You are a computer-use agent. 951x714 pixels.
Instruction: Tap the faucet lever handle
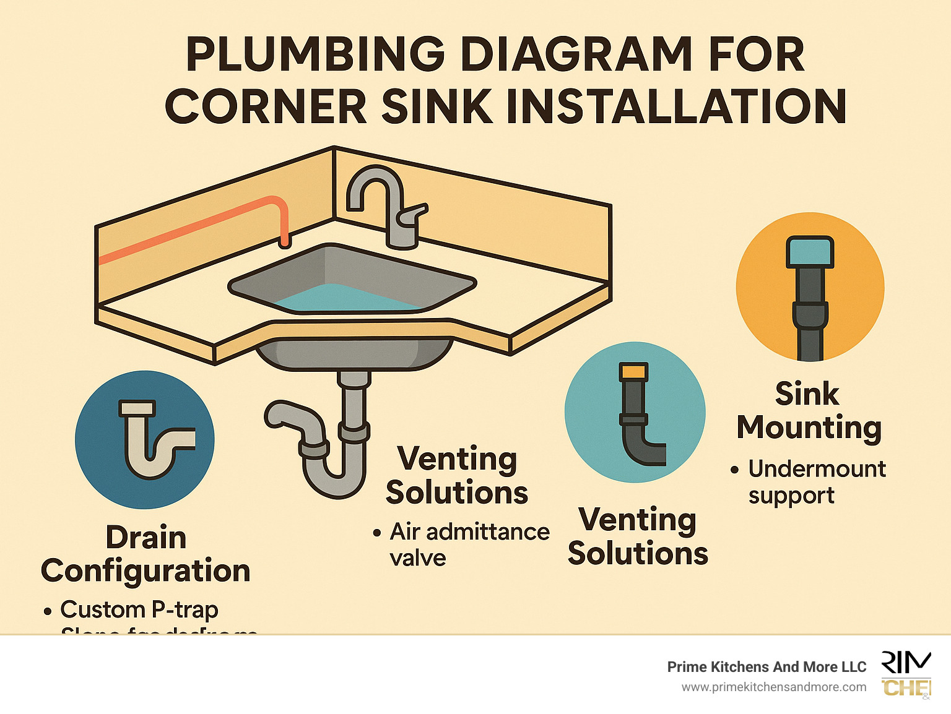414,214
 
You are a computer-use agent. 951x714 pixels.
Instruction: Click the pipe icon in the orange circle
810,297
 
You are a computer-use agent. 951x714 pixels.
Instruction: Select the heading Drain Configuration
145,554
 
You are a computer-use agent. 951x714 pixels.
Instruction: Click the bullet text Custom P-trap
139,609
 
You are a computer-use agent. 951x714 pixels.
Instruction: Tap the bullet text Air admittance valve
469,544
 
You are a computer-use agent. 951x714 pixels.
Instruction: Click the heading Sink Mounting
809,411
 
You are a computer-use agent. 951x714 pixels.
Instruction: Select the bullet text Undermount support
816,482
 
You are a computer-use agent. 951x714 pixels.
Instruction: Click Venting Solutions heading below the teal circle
638,536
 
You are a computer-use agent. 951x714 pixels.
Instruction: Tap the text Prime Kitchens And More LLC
766,667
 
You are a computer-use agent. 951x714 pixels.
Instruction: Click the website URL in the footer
774,687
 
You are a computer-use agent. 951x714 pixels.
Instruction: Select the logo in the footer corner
906,674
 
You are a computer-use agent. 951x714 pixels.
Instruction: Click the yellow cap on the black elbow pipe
633,372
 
